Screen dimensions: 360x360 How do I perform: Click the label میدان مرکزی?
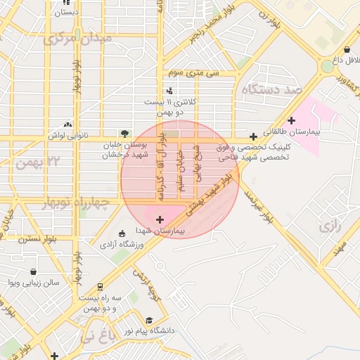point(78,38)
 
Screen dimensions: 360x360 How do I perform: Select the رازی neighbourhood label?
point(329,226)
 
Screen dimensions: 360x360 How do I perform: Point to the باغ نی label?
point(96,337)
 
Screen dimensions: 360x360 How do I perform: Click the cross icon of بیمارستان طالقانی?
point(292,120)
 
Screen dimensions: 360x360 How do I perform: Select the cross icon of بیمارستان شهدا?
point(160,220)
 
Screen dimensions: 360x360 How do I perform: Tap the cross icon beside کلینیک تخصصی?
point(253,136)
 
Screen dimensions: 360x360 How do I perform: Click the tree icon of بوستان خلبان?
point(124,132)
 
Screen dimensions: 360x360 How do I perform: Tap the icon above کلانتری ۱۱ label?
point(169,91)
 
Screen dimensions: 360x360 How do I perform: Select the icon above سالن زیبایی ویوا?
point(34,271)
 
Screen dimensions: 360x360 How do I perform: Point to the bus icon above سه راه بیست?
point(100,287)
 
